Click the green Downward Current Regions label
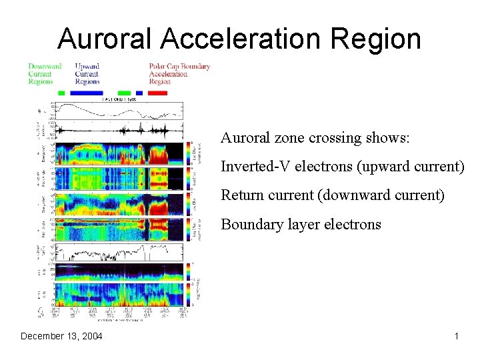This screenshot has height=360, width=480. pos(45,73)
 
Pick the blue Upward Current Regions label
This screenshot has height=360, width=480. pos(87,73)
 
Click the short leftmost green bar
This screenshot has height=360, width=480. pos(61,93)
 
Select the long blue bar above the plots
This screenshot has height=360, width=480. pos(87,93)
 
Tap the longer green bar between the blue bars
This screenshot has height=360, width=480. pos(124,93)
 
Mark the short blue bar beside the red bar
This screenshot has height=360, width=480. pos(139,93)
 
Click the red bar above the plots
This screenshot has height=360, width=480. pos(158,93)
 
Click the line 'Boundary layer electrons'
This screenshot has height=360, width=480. pos(301,225)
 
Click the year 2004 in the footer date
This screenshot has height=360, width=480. pos(91,336)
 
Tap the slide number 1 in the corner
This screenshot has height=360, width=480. pos(456,336)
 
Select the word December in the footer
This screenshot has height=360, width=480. pos(42,336)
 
